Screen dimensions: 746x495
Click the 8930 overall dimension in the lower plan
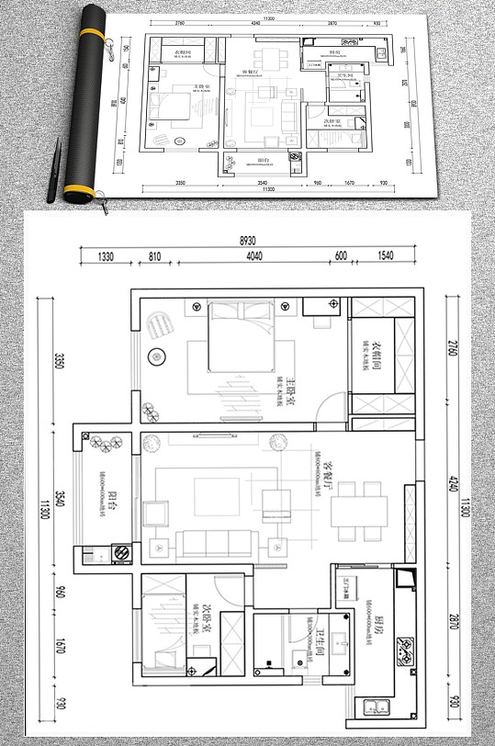(247, 240)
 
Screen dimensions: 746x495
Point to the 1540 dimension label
(385, 257)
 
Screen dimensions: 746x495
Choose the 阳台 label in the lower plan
(112, 501)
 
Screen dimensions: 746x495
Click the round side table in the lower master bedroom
(155, 355)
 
